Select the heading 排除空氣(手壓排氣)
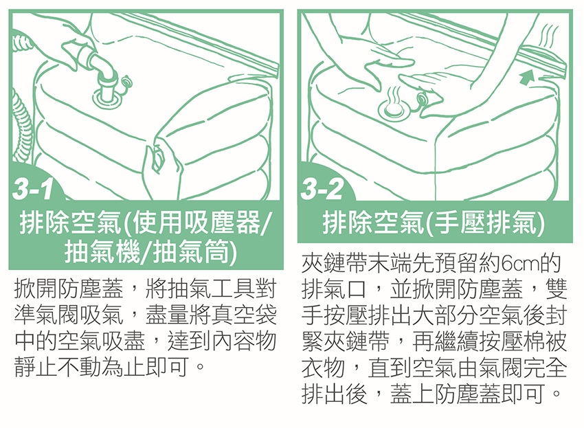pos(434,223)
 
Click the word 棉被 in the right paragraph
pos(545,341)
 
